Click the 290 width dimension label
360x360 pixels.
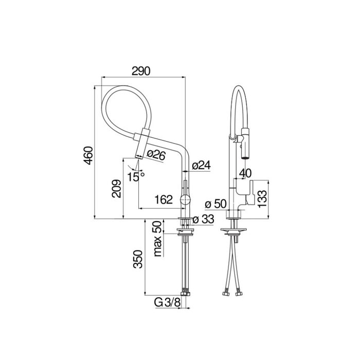click(141, 71)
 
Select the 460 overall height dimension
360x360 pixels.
click(88, 156)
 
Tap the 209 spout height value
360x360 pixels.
click(117, 189)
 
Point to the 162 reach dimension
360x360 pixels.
click(164, 200)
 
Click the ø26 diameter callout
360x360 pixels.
click(156, 155)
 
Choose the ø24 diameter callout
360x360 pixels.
click(201, 165)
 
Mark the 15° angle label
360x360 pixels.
click(136, 176)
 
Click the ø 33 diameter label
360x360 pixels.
click(204, 220)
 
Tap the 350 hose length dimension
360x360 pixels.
click(138, 259)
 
